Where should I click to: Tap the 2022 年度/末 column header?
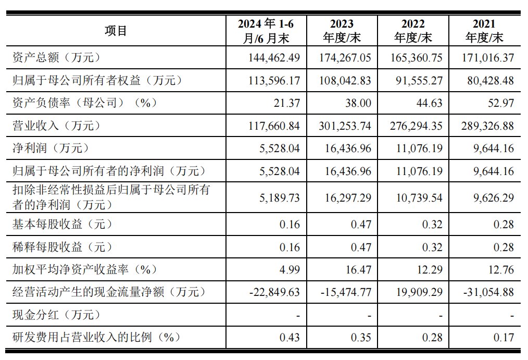[413, 31]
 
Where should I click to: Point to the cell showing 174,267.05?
[345, 57]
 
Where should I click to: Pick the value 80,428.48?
[487, 80]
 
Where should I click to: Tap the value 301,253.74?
[345, 126]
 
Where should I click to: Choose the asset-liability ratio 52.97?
[501, 103]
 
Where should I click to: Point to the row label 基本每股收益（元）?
[62, 224]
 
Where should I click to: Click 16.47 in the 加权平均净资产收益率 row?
[359, 269]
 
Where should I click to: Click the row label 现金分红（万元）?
[56, 315]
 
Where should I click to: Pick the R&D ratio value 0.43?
[290, 337]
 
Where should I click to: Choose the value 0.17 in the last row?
[504, 337]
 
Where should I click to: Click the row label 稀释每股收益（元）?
[62, 247]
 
